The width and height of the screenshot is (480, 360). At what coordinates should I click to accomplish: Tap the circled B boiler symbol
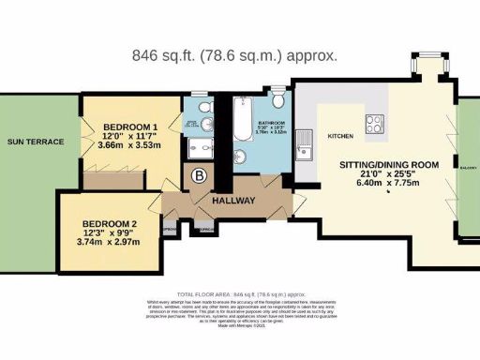(199, 174)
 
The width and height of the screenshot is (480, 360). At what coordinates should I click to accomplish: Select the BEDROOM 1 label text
(130, 127)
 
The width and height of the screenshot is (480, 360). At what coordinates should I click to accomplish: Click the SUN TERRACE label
(36, 142)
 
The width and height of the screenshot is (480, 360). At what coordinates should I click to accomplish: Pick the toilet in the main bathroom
(280, 101)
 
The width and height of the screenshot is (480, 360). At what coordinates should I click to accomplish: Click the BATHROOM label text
(275, 122)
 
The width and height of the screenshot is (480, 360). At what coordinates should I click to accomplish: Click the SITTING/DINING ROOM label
(388, 165)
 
